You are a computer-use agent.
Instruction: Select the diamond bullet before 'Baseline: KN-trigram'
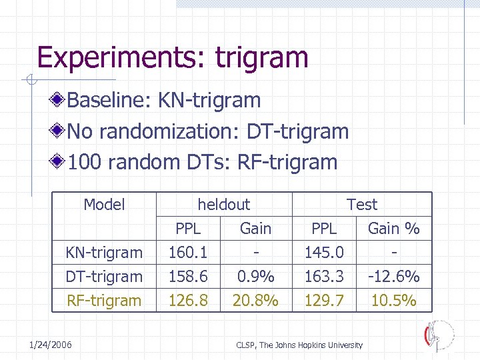tap(59, 101)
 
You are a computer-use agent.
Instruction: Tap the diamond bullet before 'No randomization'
tap(59, 131)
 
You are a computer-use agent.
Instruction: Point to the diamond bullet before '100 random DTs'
tap(59, 162)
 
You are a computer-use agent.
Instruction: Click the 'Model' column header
tap(104, 205)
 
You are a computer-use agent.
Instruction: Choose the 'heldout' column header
tap(223, 205)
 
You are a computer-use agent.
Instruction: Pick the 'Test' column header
tap(361, 205)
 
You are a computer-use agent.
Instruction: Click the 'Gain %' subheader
tap(393, 229)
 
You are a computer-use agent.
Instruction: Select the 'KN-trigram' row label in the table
tap(103, 253)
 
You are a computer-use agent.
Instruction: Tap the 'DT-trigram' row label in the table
tap(103, 277)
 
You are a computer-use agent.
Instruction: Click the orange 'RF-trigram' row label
tap(103, 301)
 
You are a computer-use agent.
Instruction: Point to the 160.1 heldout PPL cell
tap(187, 253)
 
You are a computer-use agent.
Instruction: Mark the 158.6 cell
tap(187, 277)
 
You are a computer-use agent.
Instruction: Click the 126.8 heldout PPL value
tap(187, 301)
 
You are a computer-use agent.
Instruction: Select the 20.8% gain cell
tap(255, 301)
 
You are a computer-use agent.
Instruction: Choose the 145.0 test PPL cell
tap(324, 253)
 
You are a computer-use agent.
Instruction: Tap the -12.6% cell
tap(393, 277)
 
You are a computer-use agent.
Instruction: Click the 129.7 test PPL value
tap(324, 301)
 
